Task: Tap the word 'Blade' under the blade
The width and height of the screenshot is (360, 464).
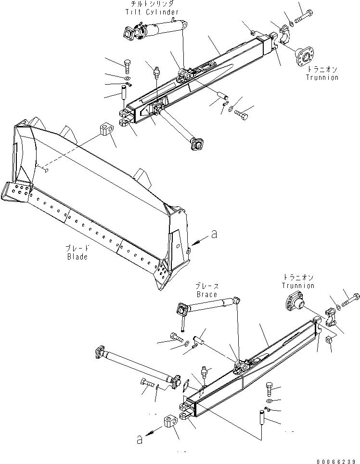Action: [x=77, y=257]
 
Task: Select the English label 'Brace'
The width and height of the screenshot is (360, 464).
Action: [x=206, y=294]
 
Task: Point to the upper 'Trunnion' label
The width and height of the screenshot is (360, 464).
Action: [x=322, y=77]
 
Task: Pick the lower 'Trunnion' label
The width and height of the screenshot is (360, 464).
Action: [x=298, y=286]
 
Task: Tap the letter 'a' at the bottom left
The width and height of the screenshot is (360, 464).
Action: [x=139, y=439]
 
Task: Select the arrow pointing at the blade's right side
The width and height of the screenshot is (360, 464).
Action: [x=197, y=241]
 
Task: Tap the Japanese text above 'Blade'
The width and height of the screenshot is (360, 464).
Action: [x=77, y=249]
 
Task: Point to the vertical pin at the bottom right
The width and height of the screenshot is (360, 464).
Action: [x=262, y=417]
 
